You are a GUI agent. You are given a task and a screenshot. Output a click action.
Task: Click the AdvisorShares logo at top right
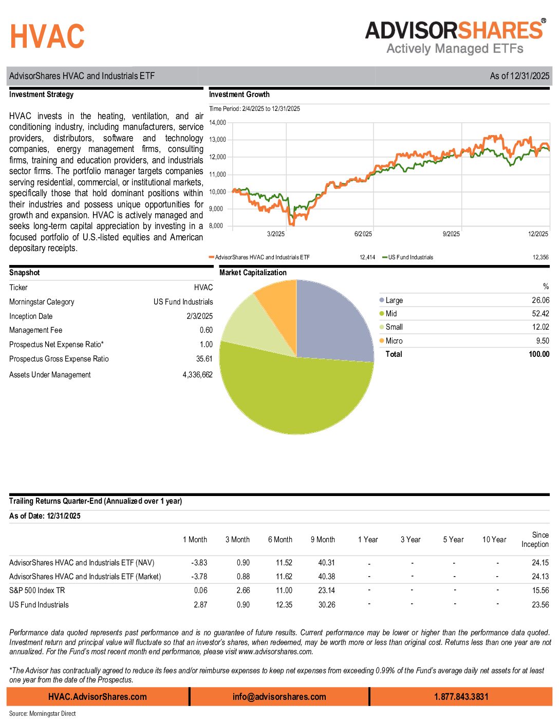455,37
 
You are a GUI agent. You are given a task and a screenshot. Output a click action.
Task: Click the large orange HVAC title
47,36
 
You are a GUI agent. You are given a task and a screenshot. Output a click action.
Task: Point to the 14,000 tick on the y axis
217,123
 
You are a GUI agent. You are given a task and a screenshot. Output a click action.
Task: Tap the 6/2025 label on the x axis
363,234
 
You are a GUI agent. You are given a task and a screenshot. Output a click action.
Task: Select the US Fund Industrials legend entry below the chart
410,257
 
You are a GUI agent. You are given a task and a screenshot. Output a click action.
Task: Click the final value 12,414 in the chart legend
367,257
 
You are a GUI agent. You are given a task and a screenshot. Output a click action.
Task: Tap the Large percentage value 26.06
540,300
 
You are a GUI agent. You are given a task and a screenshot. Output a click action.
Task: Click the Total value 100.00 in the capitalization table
538,354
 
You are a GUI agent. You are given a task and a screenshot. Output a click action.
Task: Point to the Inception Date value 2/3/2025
199,316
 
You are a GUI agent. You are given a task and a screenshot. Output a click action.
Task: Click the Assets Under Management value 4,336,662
197,375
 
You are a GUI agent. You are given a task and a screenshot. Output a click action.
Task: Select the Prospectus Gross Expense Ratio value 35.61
204,359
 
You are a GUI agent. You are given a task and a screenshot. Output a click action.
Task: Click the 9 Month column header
323,540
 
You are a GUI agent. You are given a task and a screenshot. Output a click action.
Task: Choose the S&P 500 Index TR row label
37,591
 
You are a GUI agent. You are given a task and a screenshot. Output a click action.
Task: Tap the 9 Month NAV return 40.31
326,563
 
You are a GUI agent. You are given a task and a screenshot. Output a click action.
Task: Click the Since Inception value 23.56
540,605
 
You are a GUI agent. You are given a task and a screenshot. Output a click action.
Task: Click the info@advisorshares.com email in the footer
279,697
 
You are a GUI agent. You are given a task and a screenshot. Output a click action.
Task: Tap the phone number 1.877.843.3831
461,697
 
